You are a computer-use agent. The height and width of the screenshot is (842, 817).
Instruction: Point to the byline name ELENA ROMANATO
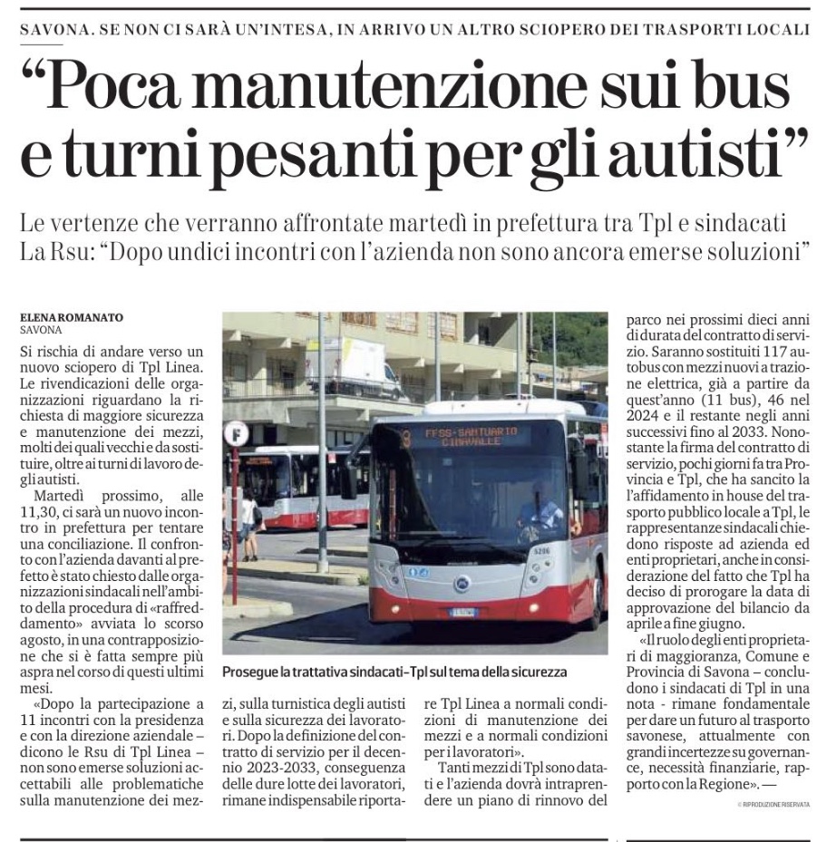coord(71,318)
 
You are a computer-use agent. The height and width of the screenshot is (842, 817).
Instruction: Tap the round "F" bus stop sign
coord(236,434)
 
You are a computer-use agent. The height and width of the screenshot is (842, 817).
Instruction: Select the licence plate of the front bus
coord(464,611)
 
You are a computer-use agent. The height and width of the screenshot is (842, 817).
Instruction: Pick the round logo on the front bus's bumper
coord(462,583)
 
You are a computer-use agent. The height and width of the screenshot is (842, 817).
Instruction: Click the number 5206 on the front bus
coord(541,549)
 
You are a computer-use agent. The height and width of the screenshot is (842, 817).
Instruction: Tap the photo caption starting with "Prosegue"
coord(394,672)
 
